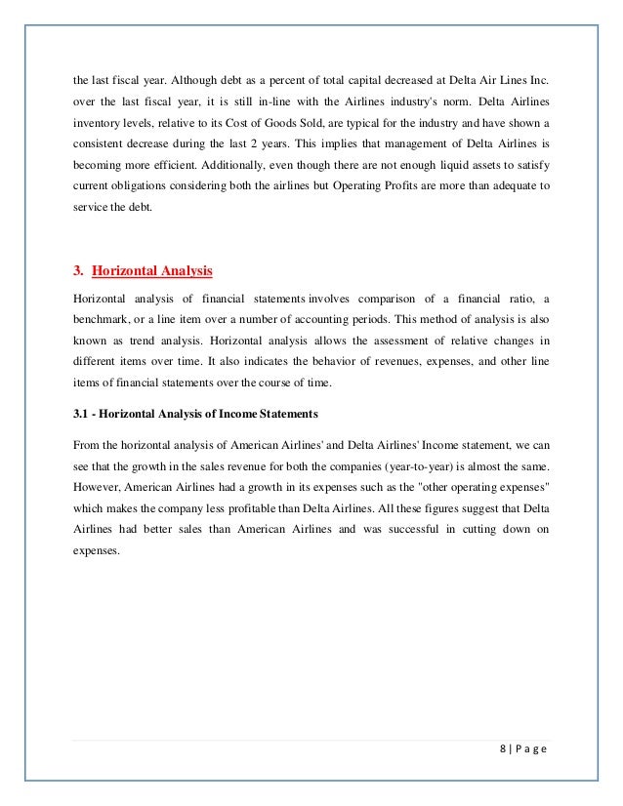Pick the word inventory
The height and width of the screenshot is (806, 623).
click(99, 122)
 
